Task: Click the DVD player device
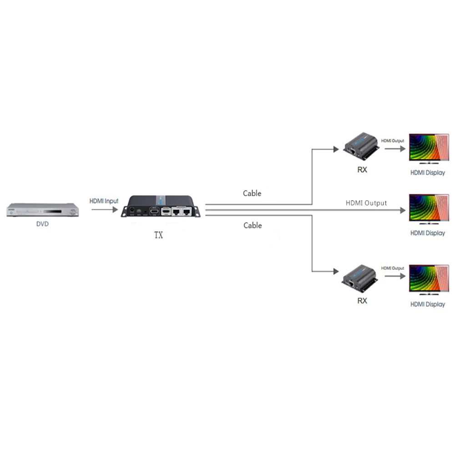pyautogui.click(x=42, y=210)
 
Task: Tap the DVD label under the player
pyautogui.click(x=42, y=224)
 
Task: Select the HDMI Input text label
pyautogui.click(x=104, y=201)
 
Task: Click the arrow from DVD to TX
pyautogui.click(x=104, y=209)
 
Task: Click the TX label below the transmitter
pyautogui.click(x=158, y=236)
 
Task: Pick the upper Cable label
pyautogui.click(x=252, y=193)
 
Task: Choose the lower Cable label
pyautogui.click(x=253, y=225)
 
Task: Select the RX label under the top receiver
pyautogui.click(x=362, y=170)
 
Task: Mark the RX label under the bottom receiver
pyautogui.click(x=362, y=301)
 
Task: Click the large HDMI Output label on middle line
pyautogui.click(x=366, y=203)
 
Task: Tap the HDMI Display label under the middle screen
pyautogui.click(x=428, y=233)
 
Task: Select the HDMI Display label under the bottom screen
pyautogui.click(x=428, y=304)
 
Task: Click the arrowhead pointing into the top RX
pyautogui.click(x=336, y=148)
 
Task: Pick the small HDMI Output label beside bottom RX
pyautogui.click(x=392, y=268)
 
